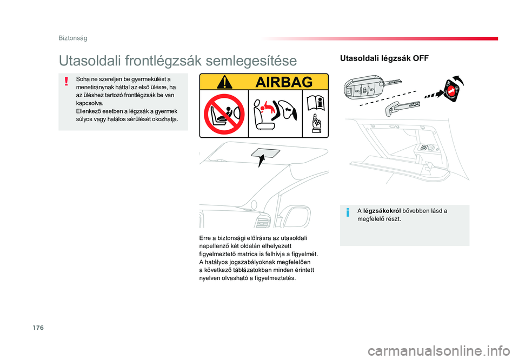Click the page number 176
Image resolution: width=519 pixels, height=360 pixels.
[38, 328]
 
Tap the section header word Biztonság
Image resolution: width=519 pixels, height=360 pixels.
[73, 38]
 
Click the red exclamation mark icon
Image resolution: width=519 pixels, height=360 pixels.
[66, 81]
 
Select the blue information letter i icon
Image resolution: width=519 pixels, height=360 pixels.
[348, 212]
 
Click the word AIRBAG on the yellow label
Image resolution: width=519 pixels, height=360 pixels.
[284, 82]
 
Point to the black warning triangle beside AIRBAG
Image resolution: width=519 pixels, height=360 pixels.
[225, 82]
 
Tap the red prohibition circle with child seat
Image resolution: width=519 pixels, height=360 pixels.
[224, 114]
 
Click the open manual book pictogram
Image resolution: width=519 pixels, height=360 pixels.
[316, 103]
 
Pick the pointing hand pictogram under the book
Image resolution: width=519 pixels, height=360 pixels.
[316, 124]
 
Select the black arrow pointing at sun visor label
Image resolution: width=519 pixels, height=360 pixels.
[262, 162]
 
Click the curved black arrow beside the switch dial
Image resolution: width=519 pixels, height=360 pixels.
[459, 80]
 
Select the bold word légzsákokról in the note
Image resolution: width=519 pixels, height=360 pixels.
[382, 211]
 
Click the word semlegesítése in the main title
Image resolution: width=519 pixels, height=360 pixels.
[251, 61]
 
